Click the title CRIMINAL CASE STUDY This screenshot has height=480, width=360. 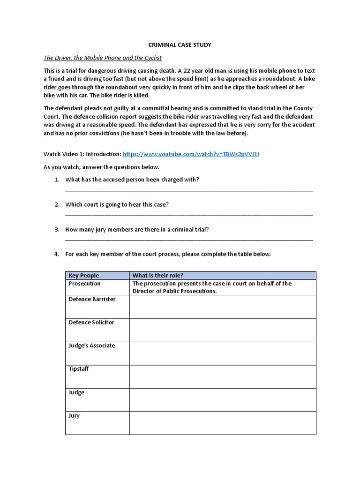(180, 45)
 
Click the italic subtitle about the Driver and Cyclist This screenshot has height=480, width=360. (102, 58)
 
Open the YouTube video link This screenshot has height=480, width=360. (191, 154)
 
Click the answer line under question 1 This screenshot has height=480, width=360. (189, 190)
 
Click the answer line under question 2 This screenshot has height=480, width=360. (189, 215)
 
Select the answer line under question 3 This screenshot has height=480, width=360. (189, 240)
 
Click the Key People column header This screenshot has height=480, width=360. (84, 275)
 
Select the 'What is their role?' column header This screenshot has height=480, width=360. (158, 275)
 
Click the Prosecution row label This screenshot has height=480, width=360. (84, 284)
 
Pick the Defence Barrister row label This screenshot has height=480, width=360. (92, 299)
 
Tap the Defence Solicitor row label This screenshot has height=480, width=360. (91, 322)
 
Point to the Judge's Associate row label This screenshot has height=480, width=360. (92, 345)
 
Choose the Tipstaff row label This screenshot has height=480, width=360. (78, 369)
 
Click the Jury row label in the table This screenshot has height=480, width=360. (74, 416)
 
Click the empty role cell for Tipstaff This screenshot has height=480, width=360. (222, 376)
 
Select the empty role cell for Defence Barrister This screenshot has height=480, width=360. (222, 307)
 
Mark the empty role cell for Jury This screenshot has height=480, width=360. (222, 423)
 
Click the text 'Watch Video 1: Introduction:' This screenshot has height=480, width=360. (82, 154)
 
